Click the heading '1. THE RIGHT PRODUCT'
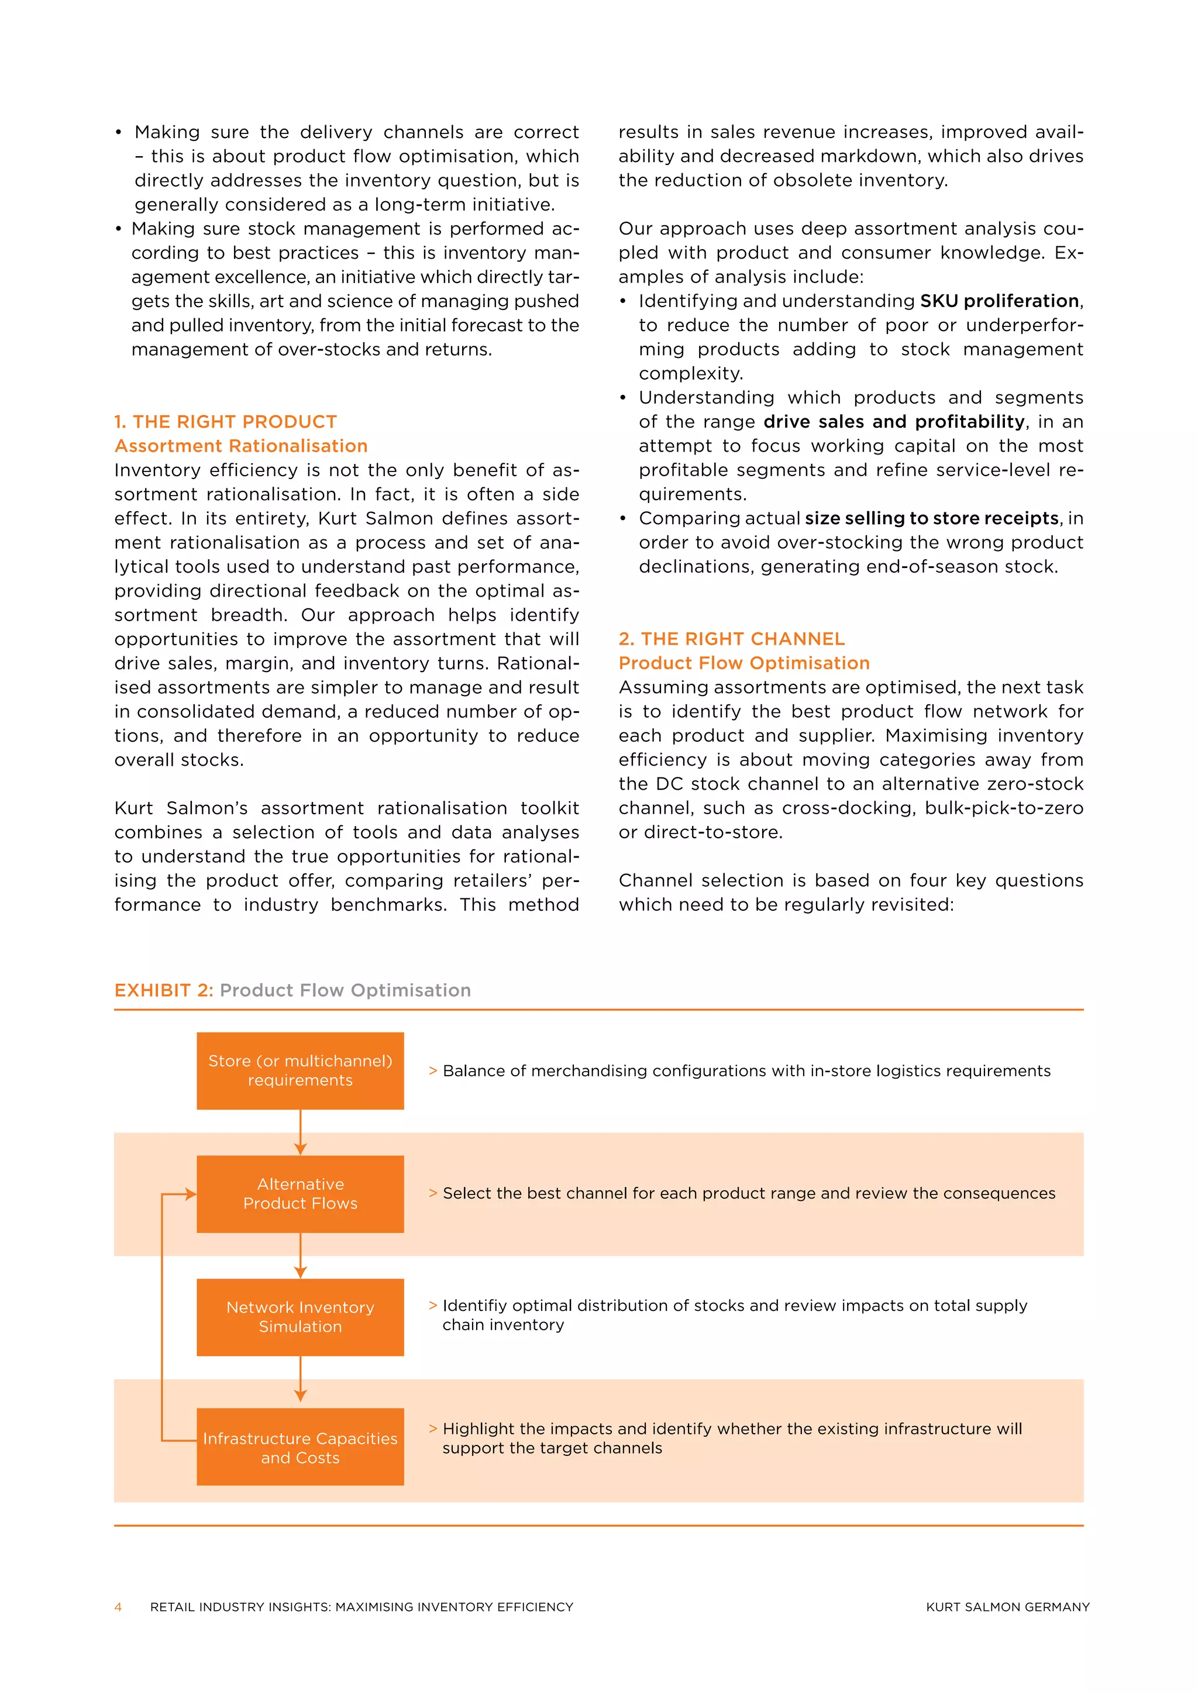225,421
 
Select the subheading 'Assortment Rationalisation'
240,446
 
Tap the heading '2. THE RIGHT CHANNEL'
731,638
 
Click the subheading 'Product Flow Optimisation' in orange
743,663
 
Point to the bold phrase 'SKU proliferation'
999,301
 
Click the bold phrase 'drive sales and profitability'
893,421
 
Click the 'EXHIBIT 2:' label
163,990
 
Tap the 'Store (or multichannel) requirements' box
300,1070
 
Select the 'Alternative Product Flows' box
300,1194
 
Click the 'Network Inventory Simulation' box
300,1317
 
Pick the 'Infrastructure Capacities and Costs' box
300,1448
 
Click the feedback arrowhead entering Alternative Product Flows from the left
190,1194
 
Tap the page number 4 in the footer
118,1607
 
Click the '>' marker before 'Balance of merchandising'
433,1070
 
